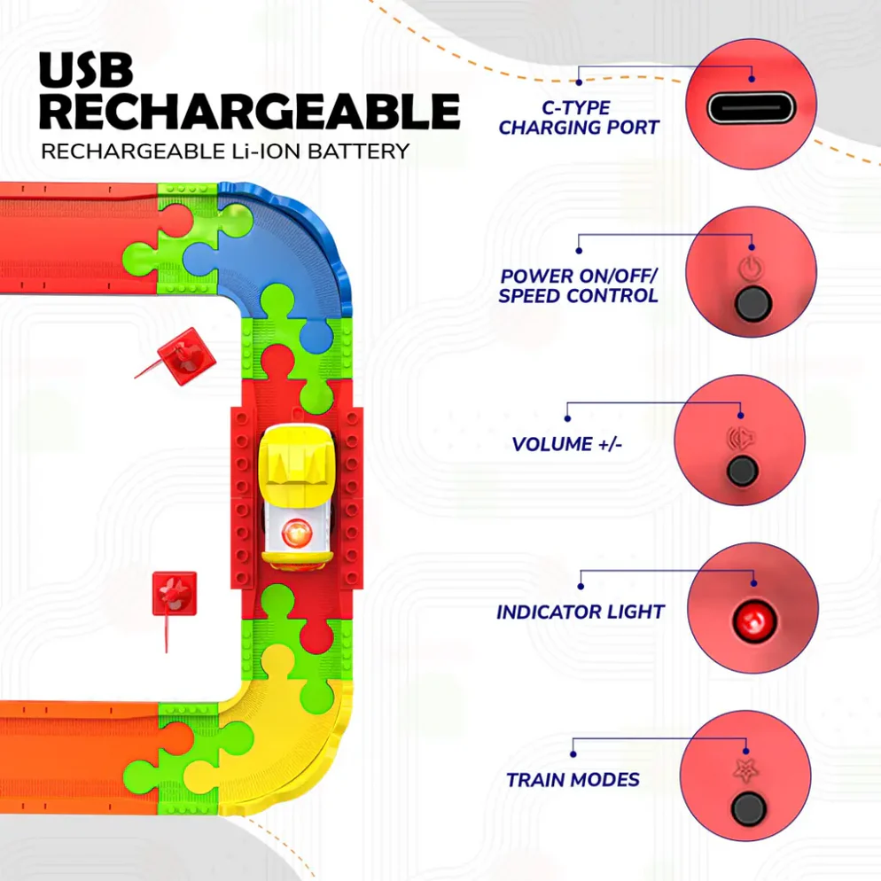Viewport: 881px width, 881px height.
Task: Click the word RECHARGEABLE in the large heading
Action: click(251, 113)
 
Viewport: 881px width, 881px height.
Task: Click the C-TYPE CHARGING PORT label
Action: click(579, 118)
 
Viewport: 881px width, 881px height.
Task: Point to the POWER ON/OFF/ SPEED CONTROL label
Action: click(579, 285)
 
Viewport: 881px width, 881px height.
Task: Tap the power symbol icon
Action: click(752, 267)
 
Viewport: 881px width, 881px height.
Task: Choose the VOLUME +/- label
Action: click(567, 444)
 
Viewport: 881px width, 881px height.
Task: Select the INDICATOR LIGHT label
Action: click(581, 612)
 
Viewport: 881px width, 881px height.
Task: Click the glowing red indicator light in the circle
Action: click(752, 618)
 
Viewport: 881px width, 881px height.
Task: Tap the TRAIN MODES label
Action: click(573, 780)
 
